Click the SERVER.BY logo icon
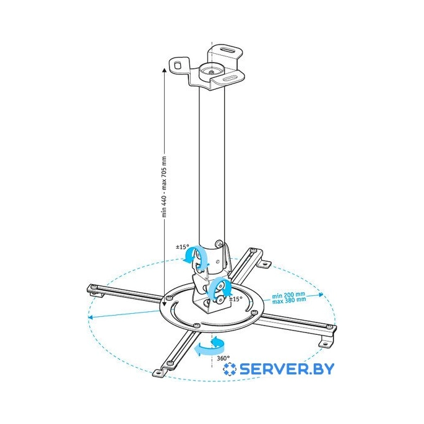(230, 369)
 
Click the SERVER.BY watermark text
(287, 369)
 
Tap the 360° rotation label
(223, 358)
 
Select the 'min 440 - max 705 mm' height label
(164, 187)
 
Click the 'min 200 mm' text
(288, 295)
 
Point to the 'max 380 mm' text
(289, 300)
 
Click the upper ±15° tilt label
(183, 247)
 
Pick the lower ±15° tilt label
(236, 299)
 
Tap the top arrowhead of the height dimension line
(164, 71)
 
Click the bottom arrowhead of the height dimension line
(164, 304)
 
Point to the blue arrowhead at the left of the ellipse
(91, 318)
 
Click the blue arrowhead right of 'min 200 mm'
(321, 295)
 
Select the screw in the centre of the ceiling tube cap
(210, 72)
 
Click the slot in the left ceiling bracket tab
(178, 65)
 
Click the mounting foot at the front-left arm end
(158, 373)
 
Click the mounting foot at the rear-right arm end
(266, 264)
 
